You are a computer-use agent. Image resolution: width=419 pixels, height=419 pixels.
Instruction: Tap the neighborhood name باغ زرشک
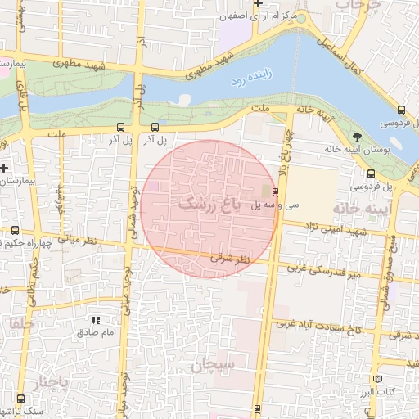coord(209,205)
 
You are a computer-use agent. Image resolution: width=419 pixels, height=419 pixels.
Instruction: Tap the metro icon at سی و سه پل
coord(274,193)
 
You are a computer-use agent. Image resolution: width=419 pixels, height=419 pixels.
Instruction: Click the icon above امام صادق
coord(97,321)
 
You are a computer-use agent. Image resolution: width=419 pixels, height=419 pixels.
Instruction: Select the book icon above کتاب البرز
coord(376,379)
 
